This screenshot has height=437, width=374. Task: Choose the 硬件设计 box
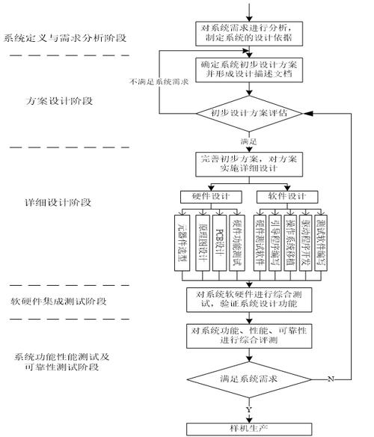tap(211, 196)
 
